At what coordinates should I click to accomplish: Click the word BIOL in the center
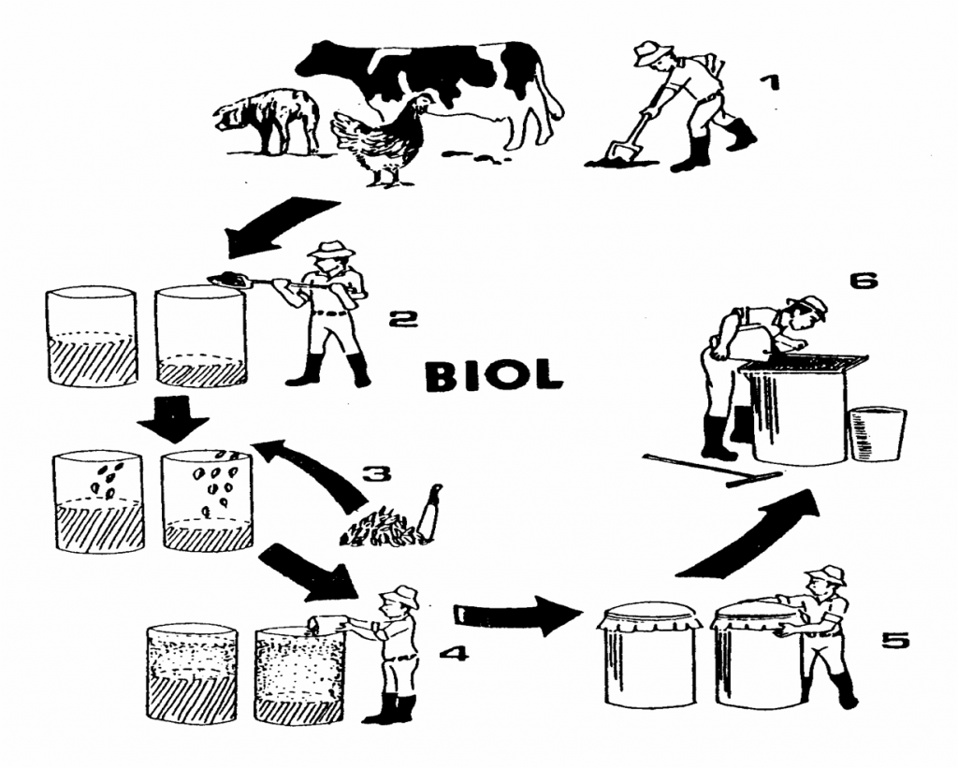pyautogui.click(x=494, y=374)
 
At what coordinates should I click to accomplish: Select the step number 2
pyautogui.click(x=403, y=318)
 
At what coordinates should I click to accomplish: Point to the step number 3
pyautogui.click(x=376, y=473)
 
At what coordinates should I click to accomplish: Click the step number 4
pyautogui.click(x=454, y=654)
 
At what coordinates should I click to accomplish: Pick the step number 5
pyautogui.click(x=895, y=640)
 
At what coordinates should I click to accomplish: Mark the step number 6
pyautogui.click(x=864, y=281)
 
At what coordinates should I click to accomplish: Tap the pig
pyautogui.click(x=267, y=121)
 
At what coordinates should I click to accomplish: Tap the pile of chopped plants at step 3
pyautogui.click(x=382, y=527)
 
